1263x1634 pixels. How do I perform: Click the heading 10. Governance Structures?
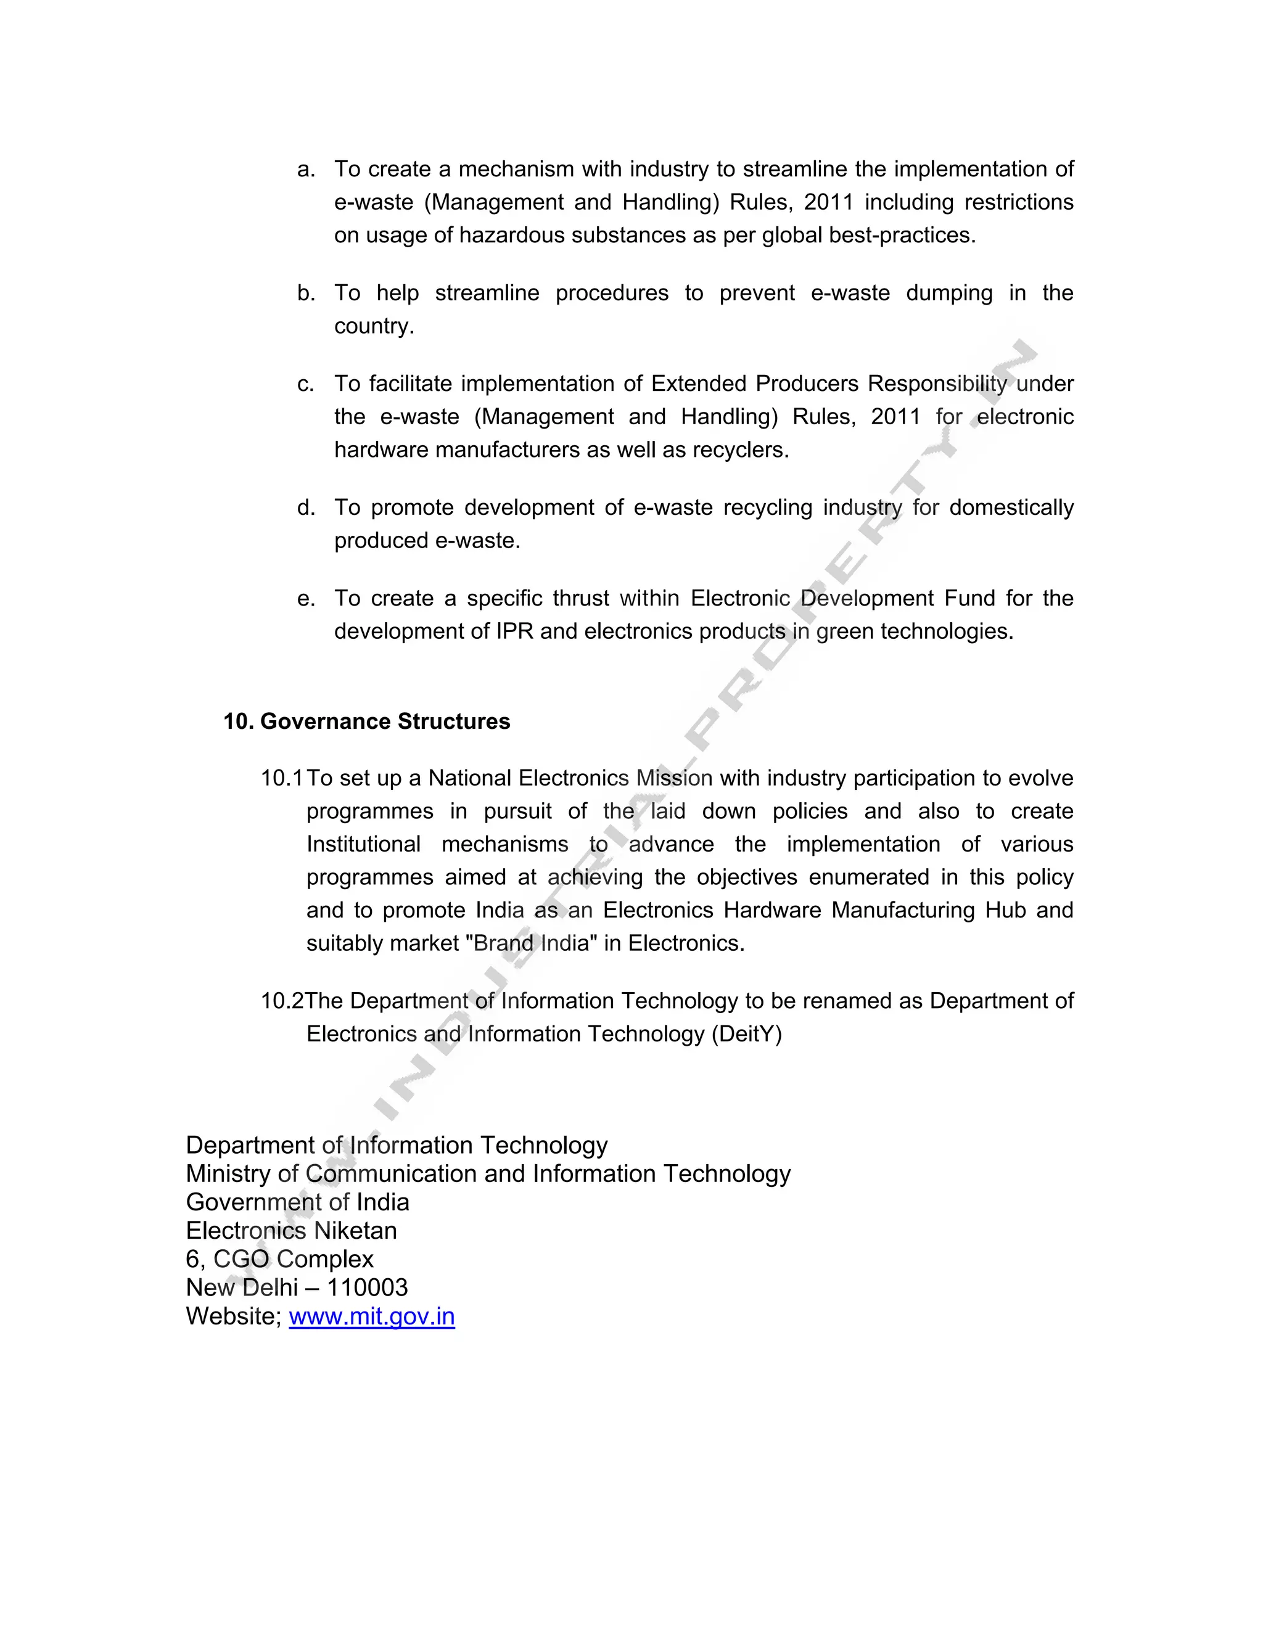click(x=367, y=721)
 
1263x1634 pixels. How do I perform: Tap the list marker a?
click(x=305, y=170)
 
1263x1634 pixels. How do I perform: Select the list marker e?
click(x=305, y=599)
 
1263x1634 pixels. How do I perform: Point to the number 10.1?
click(x=281, y=778)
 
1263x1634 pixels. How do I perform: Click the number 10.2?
click(x=281, y=1001)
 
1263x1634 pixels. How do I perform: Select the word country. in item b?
click(x=373, y=326)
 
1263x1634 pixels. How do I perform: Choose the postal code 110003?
click(x=367, y=1287)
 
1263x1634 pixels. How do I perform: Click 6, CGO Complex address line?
click(x=279, y=1258)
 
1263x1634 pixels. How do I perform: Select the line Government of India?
click(x=297, y=1202)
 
